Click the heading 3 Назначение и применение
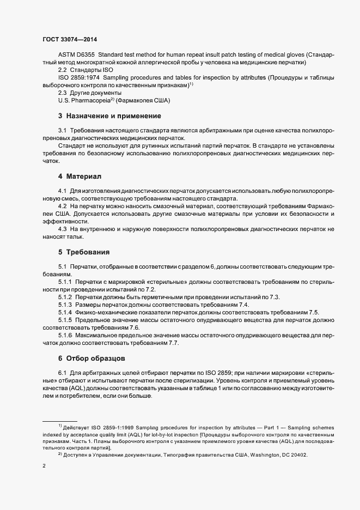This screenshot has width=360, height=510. [109, 116]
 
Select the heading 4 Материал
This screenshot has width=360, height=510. [81, 177]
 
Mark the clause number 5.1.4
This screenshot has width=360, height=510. [65, 312]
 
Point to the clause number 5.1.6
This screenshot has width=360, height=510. [65, 335]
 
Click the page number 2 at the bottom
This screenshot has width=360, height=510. [44, 466]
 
